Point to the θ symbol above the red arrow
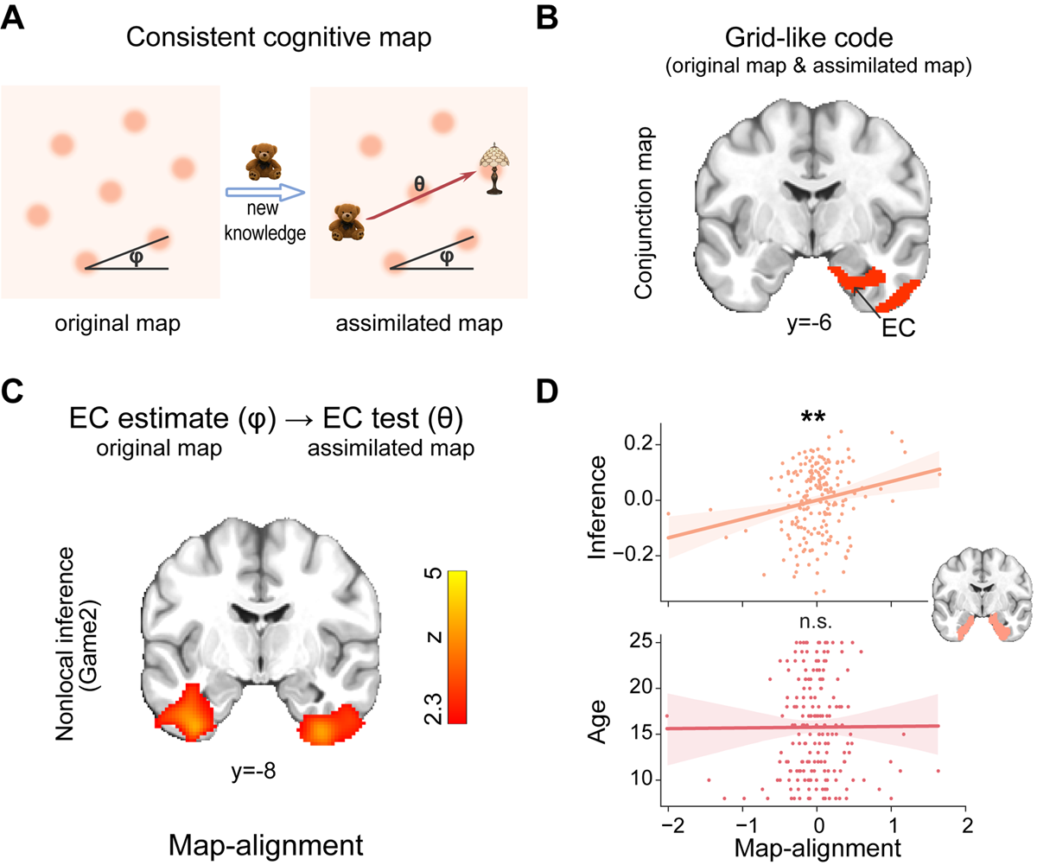pos(420,184)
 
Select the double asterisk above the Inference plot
pos(813,417)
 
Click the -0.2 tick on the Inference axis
pos(639,555)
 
